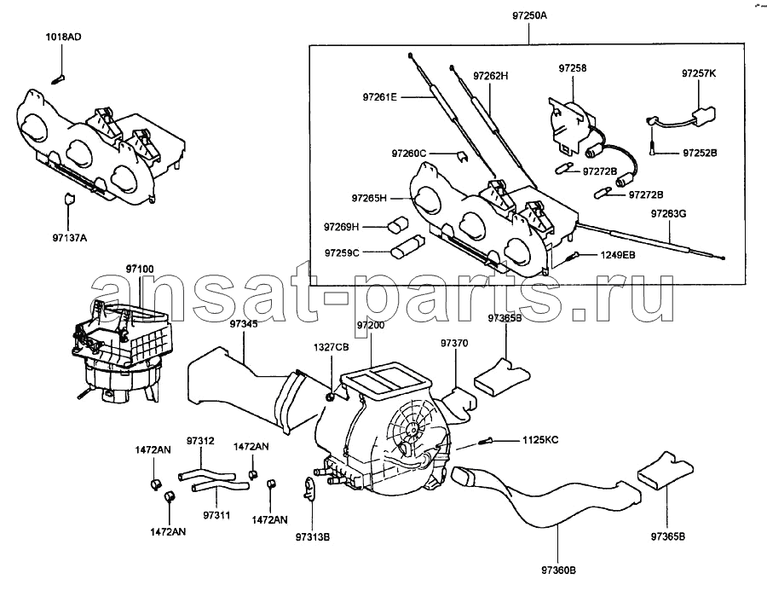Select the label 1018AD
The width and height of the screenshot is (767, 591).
click(x=64, y=38)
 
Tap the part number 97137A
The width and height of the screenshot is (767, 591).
click(x=67, y=240)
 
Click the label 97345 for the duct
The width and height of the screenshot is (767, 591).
click(x=243, y=325)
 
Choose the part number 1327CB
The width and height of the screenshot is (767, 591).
click(x=331, y=348)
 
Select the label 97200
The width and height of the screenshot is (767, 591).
click(x=370, y=327)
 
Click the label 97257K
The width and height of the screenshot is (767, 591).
click(x=699, y=75)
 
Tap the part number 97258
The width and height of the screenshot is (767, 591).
click(x=573, y=67)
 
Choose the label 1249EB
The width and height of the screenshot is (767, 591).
click(x=616, y=254)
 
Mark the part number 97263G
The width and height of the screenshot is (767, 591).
click(x=669, y=213)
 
